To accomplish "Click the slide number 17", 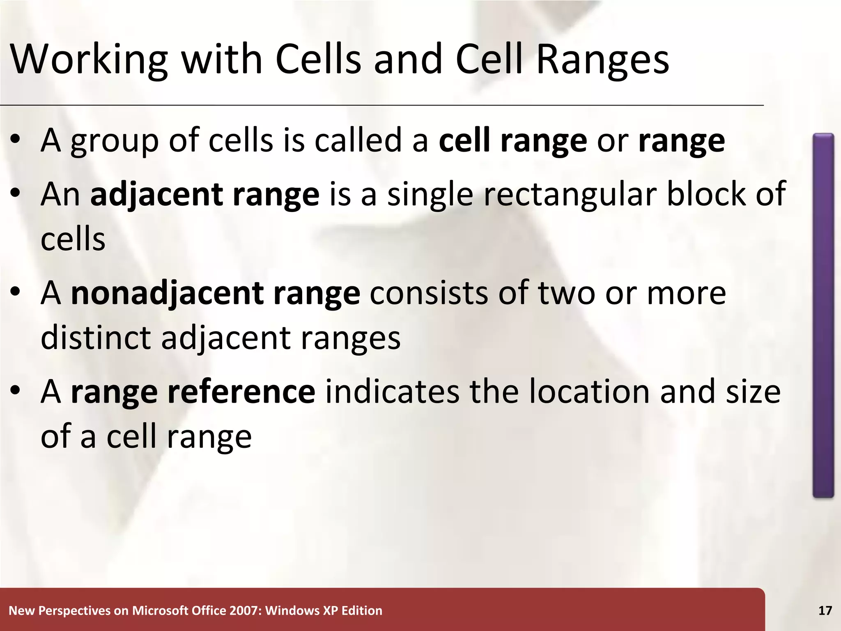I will pyautogui.click(x=825, y=611).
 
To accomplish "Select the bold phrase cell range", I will pyautogui.click(x=512, y=141).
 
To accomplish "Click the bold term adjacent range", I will pyautogui.click(x=205, y=194).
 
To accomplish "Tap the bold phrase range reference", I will pyautogui.click(x=193, y=392).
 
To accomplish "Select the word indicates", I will pyautogui.click(x=392, y=392).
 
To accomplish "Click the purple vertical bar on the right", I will pyautogui.click(x=823, y=315).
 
